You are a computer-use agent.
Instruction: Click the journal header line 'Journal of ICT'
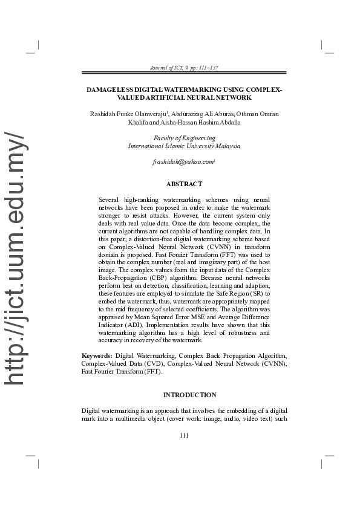click(184, 68)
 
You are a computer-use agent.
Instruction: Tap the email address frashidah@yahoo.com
click(183, 162)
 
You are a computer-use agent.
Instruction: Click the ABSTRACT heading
click(184, 184)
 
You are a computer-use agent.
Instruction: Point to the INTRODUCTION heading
click(189, 395)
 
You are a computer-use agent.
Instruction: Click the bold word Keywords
click(97, 355)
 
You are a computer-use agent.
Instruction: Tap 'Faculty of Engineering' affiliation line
click(184, 138)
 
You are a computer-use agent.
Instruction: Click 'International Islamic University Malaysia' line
click(184, 146)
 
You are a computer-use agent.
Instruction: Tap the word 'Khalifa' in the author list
click(139, 122)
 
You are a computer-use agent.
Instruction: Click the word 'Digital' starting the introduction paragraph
click(92, 411)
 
